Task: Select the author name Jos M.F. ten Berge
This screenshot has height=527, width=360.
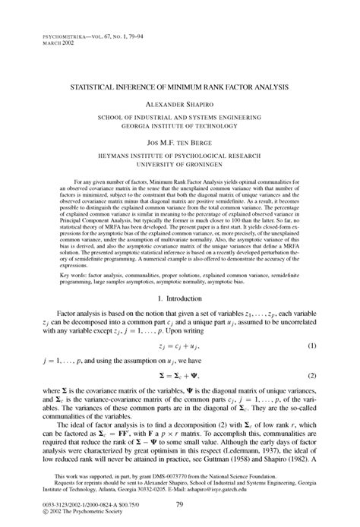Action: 179,141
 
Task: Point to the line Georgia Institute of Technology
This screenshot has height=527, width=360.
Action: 179,127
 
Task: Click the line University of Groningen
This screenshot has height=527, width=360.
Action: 179,162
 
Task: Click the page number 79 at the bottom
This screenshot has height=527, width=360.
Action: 180,504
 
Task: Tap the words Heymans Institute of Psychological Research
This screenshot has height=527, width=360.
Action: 179,153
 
